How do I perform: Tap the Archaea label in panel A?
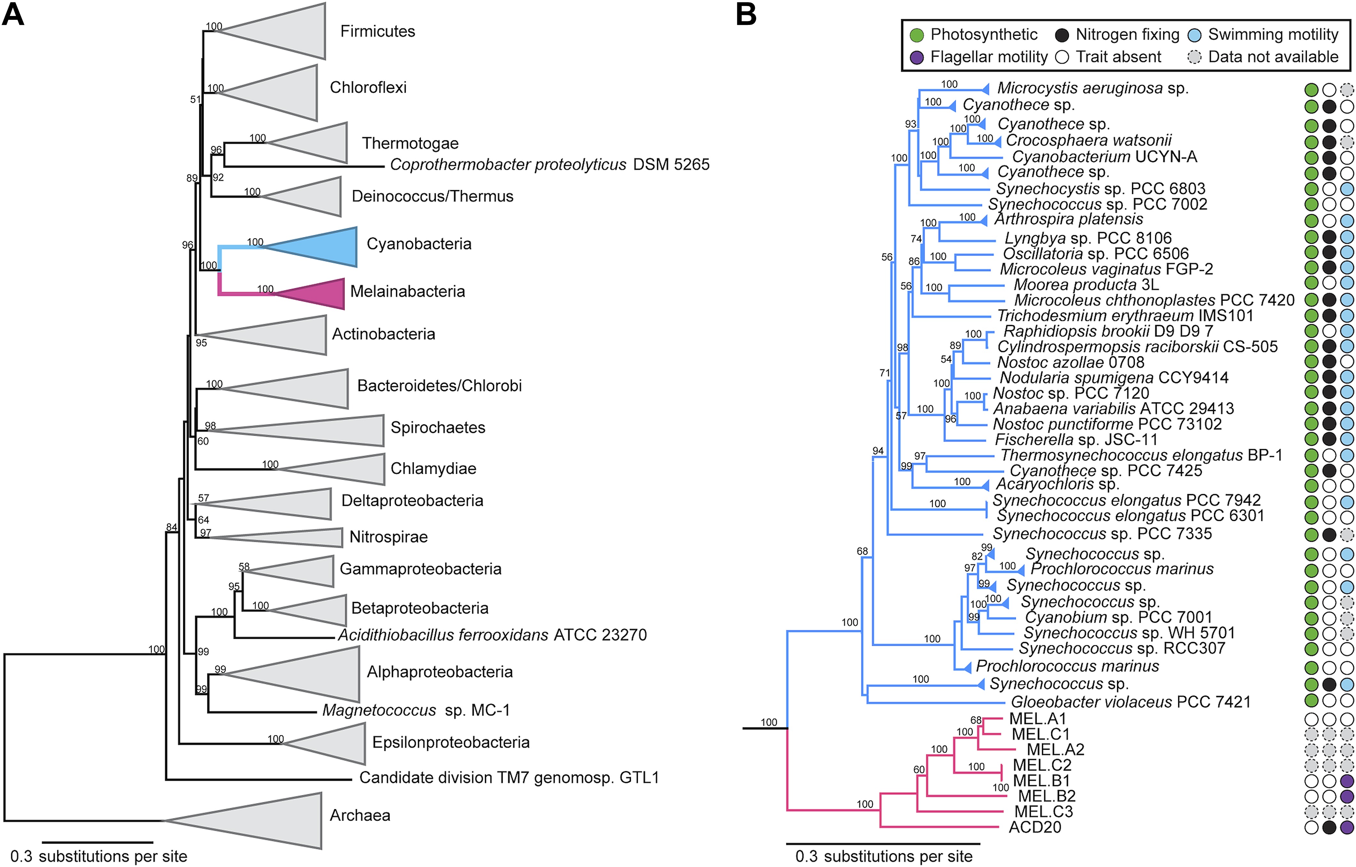360,815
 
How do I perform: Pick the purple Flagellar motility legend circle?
917,58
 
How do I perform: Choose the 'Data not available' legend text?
1273,57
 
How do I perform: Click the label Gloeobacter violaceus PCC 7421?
1131,702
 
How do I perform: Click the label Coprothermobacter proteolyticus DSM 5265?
550,164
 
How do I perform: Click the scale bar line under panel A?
98,842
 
